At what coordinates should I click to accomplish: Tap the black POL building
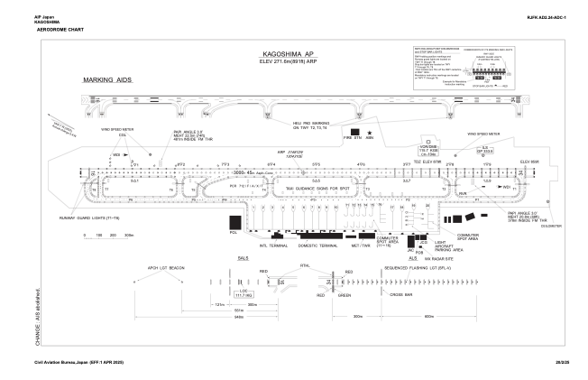[x=234, y=223]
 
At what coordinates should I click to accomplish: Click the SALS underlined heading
[x=242, y=258]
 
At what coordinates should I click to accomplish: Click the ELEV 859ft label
[x=528, y=161]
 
